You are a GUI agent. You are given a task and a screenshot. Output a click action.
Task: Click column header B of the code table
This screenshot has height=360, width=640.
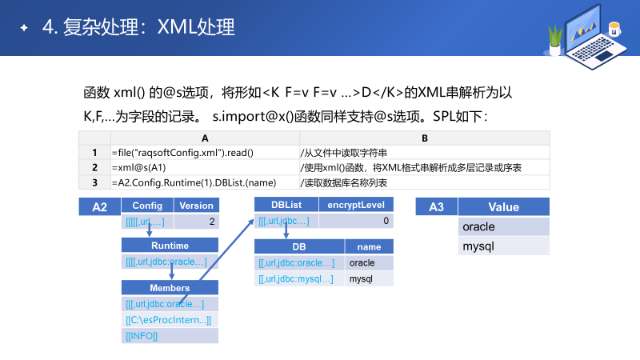click(x=424, y=138)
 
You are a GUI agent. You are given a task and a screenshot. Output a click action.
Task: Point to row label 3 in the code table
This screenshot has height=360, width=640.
click(x=94, y=182)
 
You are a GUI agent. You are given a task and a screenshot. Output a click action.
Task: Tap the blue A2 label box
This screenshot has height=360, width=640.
click(x=99, y=207)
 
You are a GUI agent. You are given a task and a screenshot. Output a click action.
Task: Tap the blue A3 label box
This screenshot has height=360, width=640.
click(x=437, y=207)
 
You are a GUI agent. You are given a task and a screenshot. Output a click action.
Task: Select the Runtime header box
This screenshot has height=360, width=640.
click(x=170, y=246)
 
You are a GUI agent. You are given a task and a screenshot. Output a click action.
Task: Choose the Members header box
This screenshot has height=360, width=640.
click(x=170, y=288)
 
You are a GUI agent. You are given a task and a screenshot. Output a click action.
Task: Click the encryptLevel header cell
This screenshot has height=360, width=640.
click(x=356, y=205)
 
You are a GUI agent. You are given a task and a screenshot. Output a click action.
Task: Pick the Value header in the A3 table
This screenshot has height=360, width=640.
click(x=504, y=207)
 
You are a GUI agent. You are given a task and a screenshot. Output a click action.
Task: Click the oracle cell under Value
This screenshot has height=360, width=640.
click(x=504, y=226)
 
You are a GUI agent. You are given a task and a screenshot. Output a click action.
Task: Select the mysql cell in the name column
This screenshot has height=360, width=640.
click(x=370, y=279)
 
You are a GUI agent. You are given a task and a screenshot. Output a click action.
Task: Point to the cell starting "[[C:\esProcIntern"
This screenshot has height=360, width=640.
click(x=170, y=320)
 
